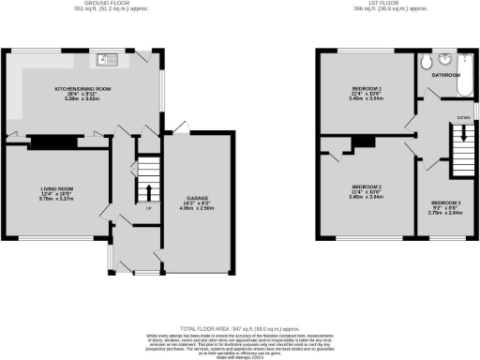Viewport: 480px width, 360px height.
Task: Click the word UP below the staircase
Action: [148, 208]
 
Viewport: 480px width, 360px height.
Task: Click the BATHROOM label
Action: [445, 74]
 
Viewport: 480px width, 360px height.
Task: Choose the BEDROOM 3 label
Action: [446, 202]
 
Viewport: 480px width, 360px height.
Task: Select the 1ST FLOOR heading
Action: [380, 4]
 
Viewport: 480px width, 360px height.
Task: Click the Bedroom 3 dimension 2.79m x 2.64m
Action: [446, 213]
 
